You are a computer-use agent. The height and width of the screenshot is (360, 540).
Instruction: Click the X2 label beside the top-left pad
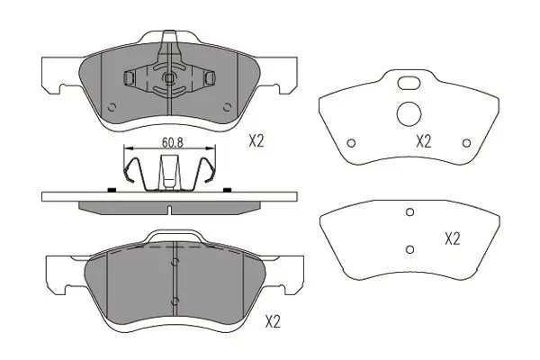[x=256, y=141]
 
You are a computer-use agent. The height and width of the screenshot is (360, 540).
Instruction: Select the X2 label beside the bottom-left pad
[x=273, y=322]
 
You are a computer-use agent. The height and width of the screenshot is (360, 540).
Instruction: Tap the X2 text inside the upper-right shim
[x=423, y=141]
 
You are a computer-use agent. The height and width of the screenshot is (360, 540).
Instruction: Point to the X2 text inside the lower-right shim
[x=452, y=238]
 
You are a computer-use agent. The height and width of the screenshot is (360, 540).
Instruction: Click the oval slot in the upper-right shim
[x=409, y=83]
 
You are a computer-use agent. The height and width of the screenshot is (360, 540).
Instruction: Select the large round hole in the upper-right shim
[x=409, y=113]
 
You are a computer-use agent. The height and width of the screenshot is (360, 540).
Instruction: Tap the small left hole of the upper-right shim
[x=351, y=142]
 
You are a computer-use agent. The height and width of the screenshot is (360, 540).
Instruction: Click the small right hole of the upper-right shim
[x=466, y=142]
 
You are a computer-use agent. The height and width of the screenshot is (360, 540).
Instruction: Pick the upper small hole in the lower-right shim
[x=409, y=211]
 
